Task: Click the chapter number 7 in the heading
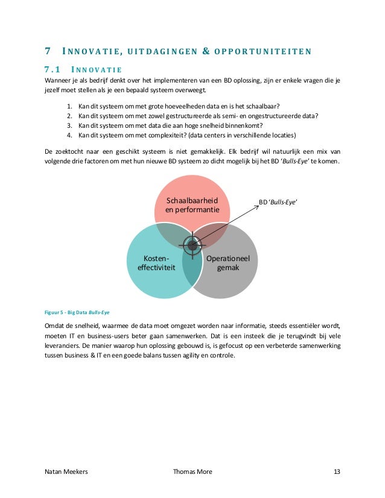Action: [48, 51]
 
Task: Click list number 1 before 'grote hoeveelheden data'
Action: [69, 107]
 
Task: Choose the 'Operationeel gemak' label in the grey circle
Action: [232, 263]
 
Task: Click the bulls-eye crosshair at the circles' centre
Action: [192, 245]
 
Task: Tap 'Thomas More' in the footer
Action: [192, 471]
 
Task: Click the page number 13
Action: [336, 471]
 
